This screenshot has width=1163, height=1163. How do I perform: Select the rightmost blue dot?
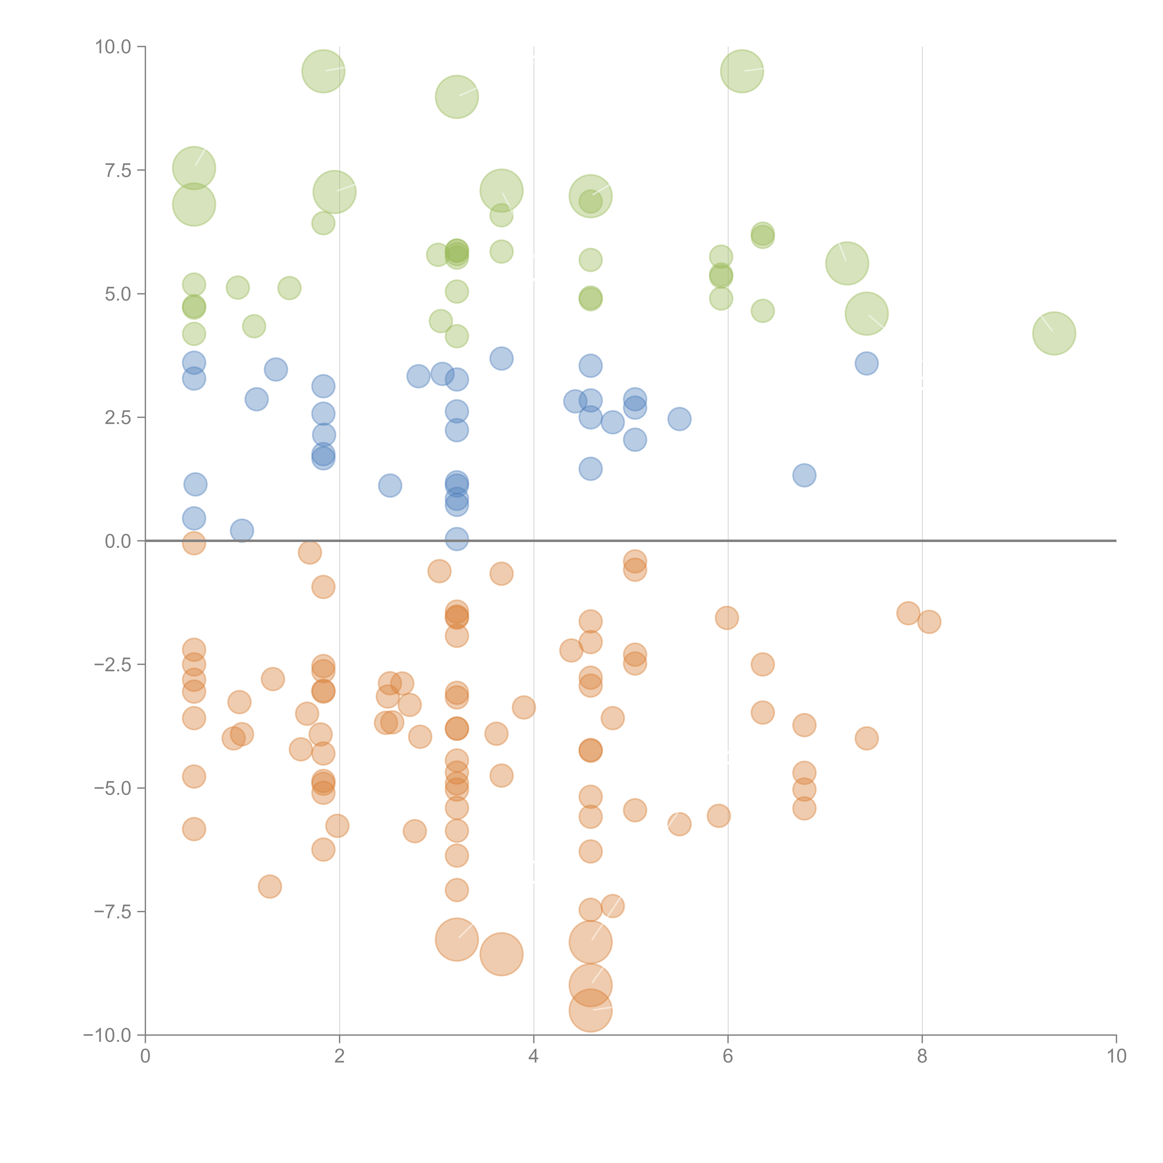(866, 363)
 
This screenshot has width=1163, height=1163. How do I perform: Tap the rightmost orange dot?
(929, 622)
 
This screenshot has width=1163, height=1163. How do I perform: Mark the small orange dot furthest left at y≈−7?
(270, 886)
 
